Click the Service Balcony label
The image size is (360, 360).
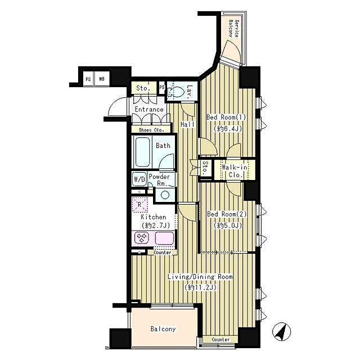click(x=233, y=29)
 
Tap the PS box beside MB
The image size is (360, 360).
click(x=88, y=79)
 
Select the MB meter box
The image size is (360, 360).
click(x=102, y=79)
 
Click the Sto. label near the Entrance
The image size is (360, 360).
click(x=143, y=88)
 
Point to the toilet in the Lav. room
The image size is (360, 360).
click(x=177, y=92)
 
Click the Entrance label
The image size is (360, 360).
click(x=148, y=110)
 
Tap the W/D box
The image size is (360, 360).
click(x=139, y=179)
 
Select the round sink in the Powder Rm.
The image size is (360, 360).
click(x=164, y=195)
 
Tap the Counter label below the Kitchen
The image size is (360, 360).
click(x=163, y=253)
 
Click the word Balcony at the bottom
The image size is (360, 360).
click(x=163, y=330)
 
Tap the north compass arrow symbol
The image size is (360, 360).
click(x=280, y=331)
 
